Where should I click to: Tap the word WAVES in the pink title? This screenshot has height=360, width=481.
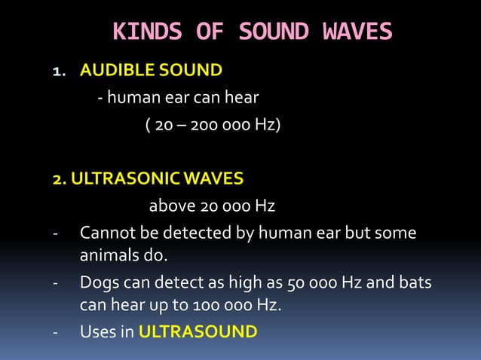tap(357, 32)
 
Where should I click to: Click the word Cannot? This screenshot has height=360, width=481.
tap(108, 233)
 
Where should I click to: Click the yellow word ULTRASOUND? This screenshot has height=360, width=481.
tap(198, 331)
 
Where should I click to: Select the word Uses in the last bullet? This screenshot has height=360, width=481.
tap(97, 331)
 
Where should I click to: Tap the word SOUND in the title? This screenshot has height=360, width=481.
tap(274, 32)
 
